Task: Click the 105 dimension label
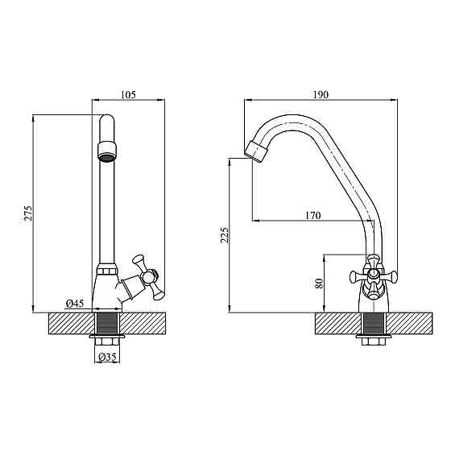pyautogui.click(x=128, y=95)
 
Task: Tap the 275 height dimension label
pyautogui.click(x=28, y=213)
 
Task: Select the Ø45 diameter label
pyautogui.click(x=75, y=304)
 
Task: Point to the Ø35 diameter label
pyautogui.click(x=107, y=358)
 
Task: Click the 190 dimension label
pyautogui.click(x=321, y=95)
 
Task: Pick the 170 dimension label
pyautogui.click(x=313, y=216)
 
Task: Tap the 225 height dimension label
pyautogui.click(x=225, y=235)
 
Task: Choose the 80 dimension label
pyautogui.click(x=320, y=283)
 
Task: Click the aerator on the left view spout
pyautogui.click(x=107, y=151)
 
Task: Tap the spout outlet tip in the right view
pyautogui.click(x=256, y=152)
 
